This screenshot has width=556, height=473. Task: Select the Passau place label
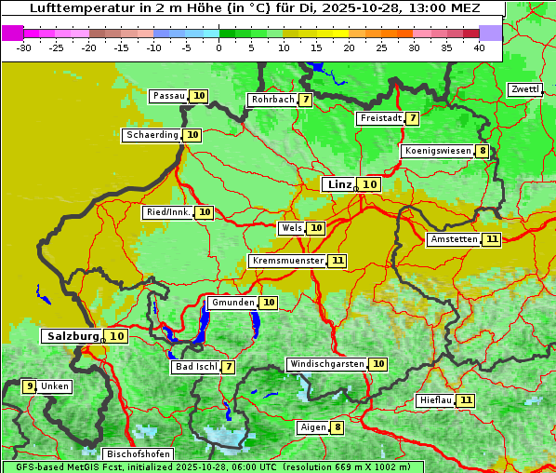click(169, 96)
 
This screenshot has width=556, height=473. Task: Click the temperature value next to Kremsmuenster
click(337, 261)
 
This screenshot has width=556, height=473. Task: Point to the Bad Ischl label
click(196, 367)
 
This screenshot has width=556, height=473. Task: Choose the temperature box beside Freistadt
click(412, 118)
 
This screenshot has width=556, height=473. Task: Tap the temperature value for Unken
click(30, 386)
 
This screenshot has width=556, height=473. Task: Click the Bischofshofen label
click(139, 454)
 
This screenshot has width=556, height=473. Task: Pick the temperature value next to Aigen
click(337, 427)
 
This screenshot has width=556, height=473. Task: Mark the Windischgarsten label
click(326, 364)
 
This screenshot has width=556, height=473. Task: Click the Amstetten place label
click(454, 239)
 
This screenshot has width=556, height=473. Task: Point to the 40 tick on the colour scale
click(479, 47)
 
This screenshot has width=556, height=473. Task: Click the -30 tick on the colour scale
click(25, 47)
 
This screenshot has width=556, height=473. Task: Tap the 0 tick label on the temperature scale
click(219, 47)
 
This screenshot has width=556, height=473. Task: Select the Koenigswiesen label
click(438, 151)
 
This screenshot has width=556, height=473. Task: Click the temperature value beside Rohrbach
click(306, 100)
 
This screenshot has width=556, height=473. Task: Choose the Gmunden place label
click(232, 303)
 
